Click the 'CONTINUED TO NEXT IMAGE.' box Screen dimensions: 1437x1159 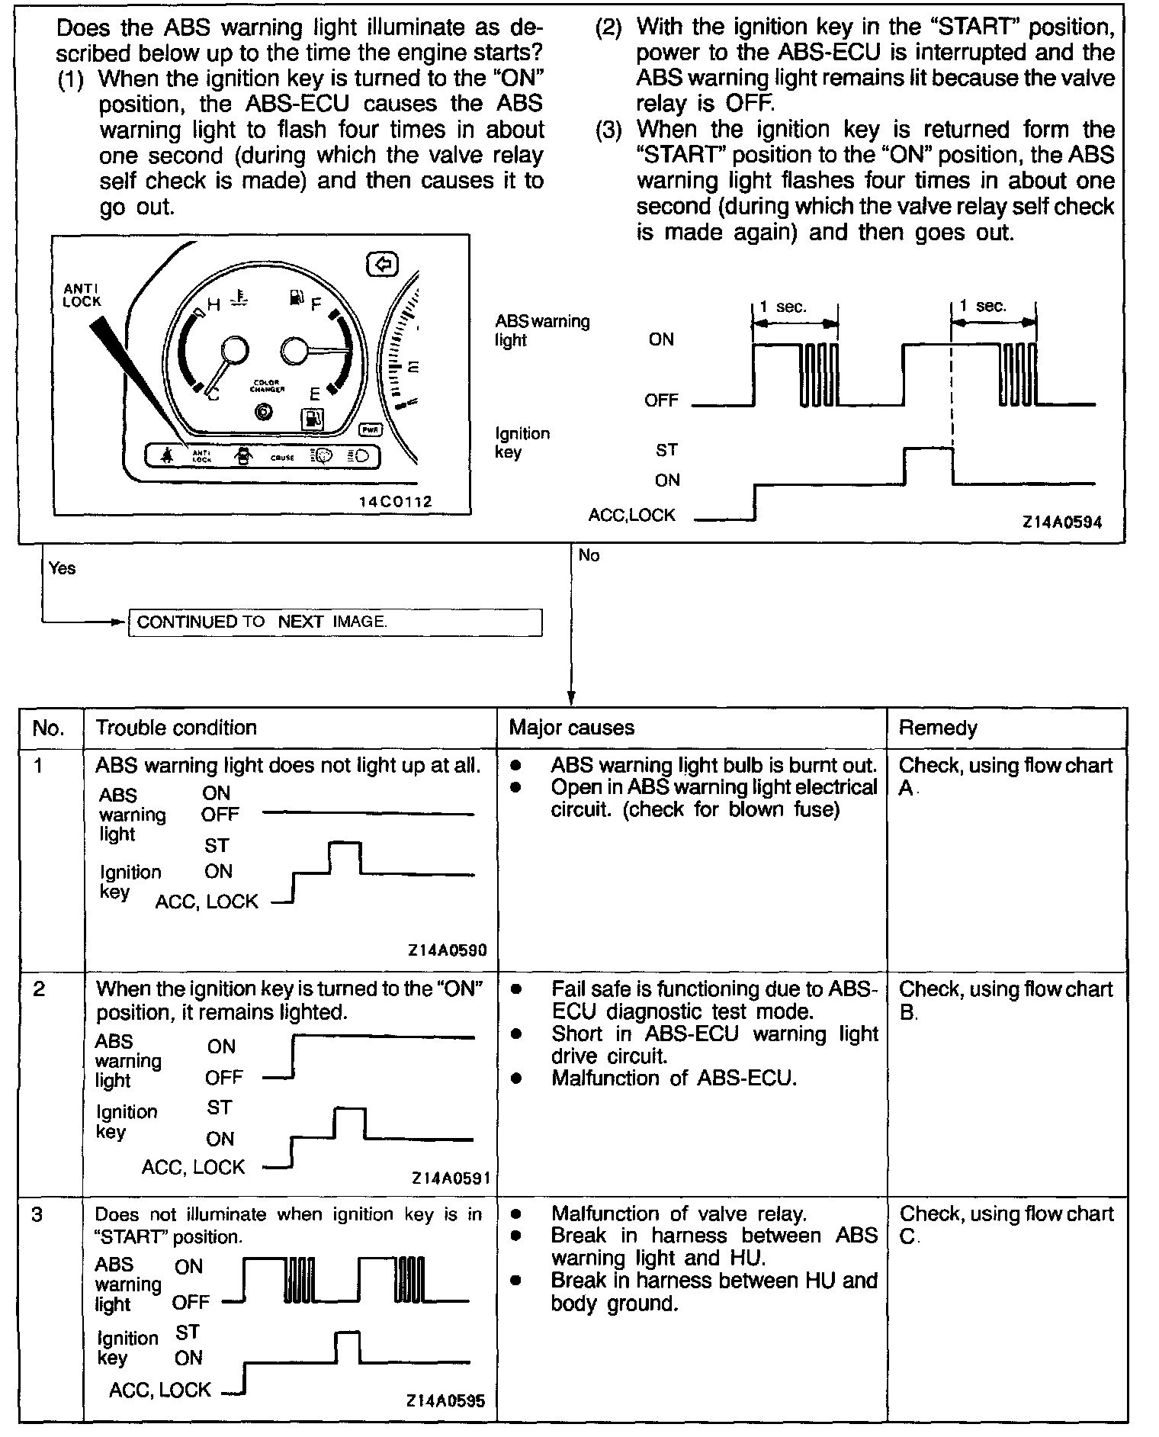coord(335,622)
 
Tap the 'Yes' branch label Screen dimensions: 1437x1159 coord(62,568)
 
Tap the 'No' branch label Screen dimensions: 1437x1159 coord(589,555)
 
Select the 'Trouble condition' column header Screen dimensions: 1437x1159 coord(176,728)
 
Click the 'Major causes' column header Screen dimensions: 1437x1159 coord(571,728)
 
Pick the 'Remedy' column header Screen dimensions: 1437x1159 coord(937,728)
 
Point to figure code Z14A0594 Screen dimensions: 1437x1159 coord(1061,522)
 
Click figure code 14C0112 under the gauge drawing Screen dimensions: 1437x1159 coord(396,502)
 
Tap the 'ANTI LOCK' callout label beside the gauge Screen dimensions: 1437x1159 coord(82,294)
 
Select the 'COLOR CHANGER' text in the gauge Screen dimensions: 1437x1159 coord(267,385)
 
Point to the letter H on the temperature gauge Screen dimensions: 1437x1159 coord(213,305)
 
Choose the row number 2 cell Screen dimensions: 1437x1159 coord(40,989)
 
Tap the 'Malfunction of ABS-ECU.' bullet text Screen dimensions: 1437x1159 coord(674,1079)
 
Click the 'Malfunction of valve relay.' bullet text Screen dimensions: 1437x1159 coord(679,1214)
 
